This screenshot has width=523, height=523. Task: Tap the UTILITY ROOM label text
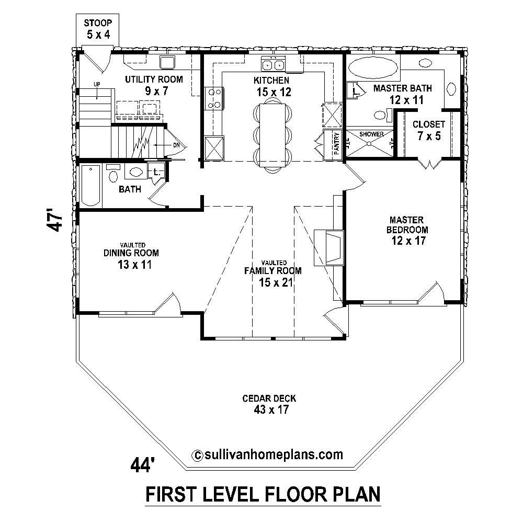[x=153, y=79]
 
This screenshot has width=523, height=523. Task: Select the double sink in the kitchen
[x=272, y=65]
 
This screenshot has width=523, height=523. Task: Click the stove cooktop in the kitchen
[x=215, y=98]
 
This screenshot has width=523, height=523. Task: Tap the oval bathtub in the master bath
[x=372, y=67]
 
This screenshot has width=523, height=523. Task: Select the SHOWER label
[x=371, y=134]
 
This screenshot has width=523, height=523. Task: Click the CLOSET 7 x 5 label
[x=428, y=130]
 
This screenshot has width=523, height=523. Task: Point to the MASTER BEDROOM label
[x=407, y=224]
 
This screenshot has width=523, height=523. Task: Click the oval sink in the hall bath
[x=135, y=172]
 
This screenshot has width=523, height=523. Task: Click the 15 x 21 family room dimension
[x=273, y=283]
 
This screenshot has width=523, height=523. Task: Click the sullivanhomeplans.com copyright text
[x=268, y=453]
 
